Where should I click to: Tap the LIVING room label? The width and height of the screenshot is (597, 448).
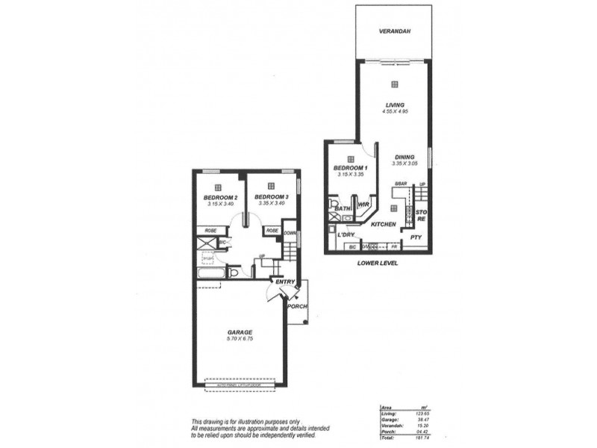coord(394,105)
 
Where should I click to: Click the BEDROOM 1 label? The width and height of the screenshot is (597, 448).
coord(348,167)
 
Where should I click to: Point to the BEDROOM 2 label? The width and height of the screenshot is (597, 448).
coord(219,196)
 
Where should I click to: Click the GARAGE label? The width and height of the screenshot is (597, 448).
coord(240,332)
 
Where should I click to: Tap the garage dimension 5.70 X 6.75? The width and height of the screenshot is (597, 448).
coord(240,340)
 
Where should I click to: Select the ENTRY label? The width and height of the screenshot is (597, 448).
coord(285,281)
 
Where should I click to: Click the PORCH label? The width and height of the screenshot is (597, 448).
coord(298,306)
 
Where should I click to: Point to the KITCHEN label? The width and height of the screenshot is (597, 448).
coord(384,223)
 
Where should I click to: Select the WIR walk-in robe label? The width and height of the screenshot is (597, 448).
coord(365,203)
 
